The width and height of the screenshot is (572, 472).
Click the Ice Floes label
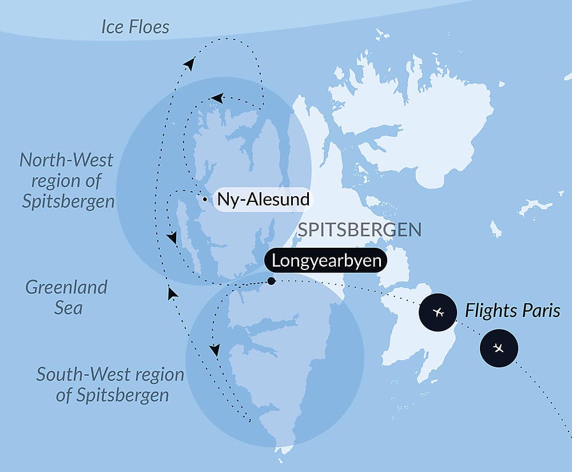pyautogui.click(x=135, y=26)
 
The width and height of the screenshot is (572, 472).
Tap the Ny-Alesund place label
pyautogui.click(x=263, y=200)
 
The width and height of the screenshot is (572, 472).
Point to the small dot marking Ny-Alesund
pyautogui.click(x=204, y=200)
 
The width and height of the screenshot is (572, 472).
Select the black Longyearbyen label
pyautogui.click(x=325, y=261)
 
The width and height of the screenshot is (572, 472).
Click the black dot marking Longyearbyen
pyautogui.click(x=271, y=281)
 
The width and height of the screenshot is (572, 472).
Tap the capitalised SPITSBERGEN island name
pyautogui.click(x=360, y=230)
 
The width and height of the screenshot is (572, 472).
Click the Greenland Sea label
pyautogui.click(x=66, y=297)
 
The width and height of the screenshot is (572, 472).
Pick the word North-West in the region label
pyautogui.click(x=66, y=160)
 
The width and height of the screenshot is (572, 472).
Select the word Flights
pyautogui.click(x=488, y=311)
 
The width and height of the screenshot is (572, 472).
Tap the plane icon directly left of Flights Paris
pyautogui.click(x=439, y=312)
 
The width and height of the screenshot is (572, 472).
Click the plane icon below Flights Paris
pyautogui.click(x=499, y=348)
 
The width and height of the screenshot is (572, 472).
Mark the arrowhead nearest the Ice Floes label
pyautogui.click(x=189, y=64)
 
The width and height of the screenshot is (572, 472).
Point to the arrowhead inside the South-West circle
pyautogui.click(x=214, y=350)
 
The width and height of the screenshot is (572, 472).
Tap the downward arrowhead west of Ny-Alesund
pyautogui.click(x=171, y=237)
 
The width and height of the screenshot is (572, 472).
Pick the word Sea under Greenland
pyautogui.click(x=69, y=308)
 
